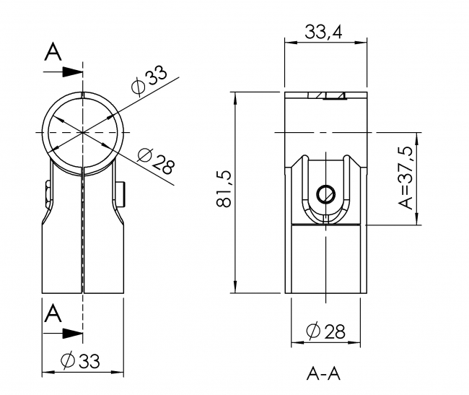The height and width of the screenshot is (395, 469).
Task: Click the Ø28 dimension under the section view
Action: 325,331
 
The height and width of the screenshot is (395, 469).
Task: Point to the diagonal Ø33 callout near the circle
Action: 149,78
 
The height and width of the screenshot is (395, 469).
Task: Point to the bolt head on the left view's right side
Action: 123,193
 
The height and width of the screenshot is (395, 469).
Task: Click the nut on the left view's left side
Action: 46,193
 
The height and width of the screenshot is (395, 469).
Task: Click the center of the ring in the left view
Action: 84,133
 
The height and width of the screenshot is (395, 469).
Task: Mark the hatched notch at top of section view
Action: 326,96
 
